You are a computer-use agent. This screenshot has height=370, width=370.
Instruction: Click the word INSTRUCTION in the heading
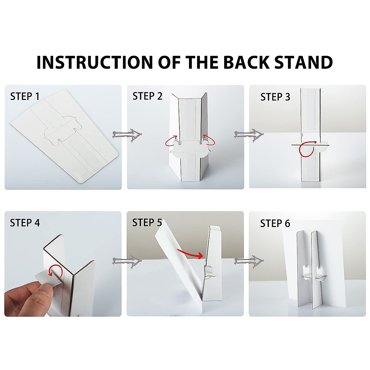[94, 62]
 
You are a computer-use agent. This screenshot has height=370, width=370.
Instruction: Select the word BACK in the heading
[246, 62]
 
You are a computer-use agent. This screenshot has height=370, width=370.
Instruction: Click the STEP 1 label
[25, 97]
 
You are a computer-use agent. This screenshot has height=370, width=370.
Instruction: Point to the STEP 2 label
[147, 96]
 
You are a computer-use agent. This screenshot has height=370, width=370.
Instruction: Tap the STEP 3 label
[275, 97]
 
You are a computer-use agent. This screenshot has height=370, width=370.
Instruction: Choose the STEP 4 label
[25, 223]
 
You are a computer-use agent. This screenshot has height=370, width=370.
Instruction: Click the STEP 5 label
[147, 223]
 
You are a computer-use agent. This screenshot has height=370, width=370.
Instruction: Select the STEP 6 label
[275, 223]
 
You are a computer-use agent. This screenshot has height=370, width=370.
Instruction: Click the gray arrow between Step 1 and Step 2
[127, 135]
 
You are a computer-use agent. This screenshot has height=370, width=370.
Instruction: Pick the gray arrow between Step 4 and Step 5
[127, 262]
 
